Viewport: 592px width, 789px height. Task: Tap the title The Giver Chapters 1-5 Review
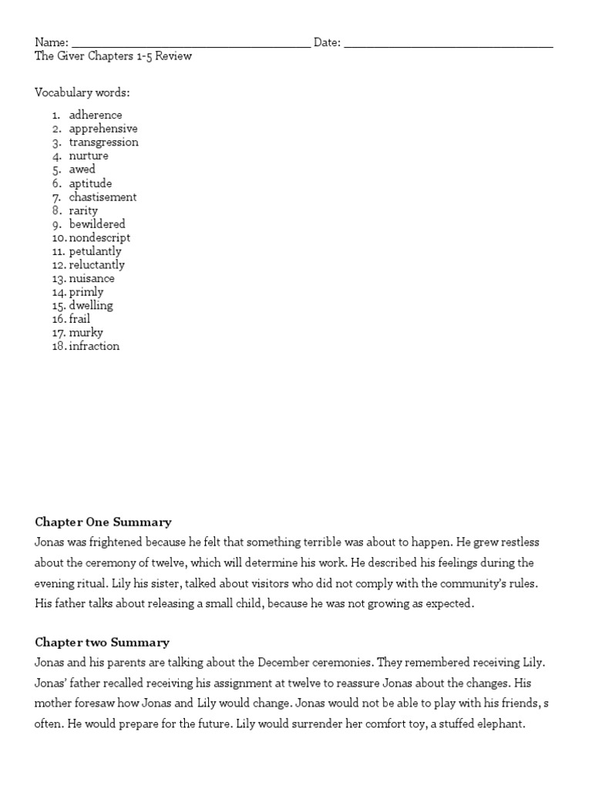click(x=113, y=56)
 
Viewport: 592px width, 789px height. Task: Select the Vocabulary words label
click(x=82, y=93)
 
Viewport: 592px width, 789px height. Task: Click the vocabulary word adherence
click(x=96, y=115)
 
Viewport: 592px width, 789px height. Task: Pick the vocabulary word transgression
click(x=104, y=143)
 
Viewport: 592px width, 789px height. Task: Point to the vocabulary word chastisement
click(x=103, y=197)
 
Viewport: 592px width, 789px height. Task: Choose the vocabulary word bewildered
click(x=97, y=224)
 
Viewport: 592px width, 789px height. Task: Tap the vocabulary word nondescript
click(x=99, y=238)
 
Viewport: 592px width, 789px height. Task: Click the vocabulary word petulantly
click(x=95, y=251)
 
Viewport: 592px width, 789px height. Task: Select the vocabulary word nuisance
click(x=92, y=279)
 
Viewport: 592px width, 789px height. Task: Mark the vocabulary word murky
click(x=86, y=333)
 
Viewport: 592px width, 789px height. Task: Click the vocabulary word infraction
click(x=94, y=347)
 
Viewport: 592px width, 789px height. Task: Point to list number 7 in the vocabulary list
click(x=57, y=197)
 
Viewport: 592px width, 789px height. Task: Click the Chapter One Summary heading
click(x=103, y=522)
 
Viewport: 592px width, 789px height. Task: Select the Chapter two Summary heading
click(x=102, y=643)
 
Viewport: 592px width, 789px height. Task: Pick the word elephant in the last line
click(x=502, y=724)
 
